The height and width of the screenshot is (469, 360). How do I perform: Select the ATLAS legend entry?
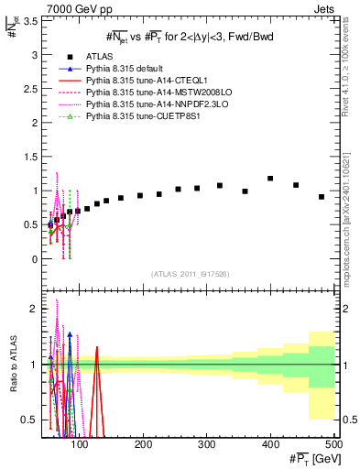click(101, 56)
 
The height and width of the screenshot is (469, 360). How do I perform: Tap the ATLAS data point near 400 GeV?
click(270, 179)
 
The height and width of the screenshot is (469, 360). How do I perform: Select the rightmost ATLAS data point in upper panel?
click(322, 197)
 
